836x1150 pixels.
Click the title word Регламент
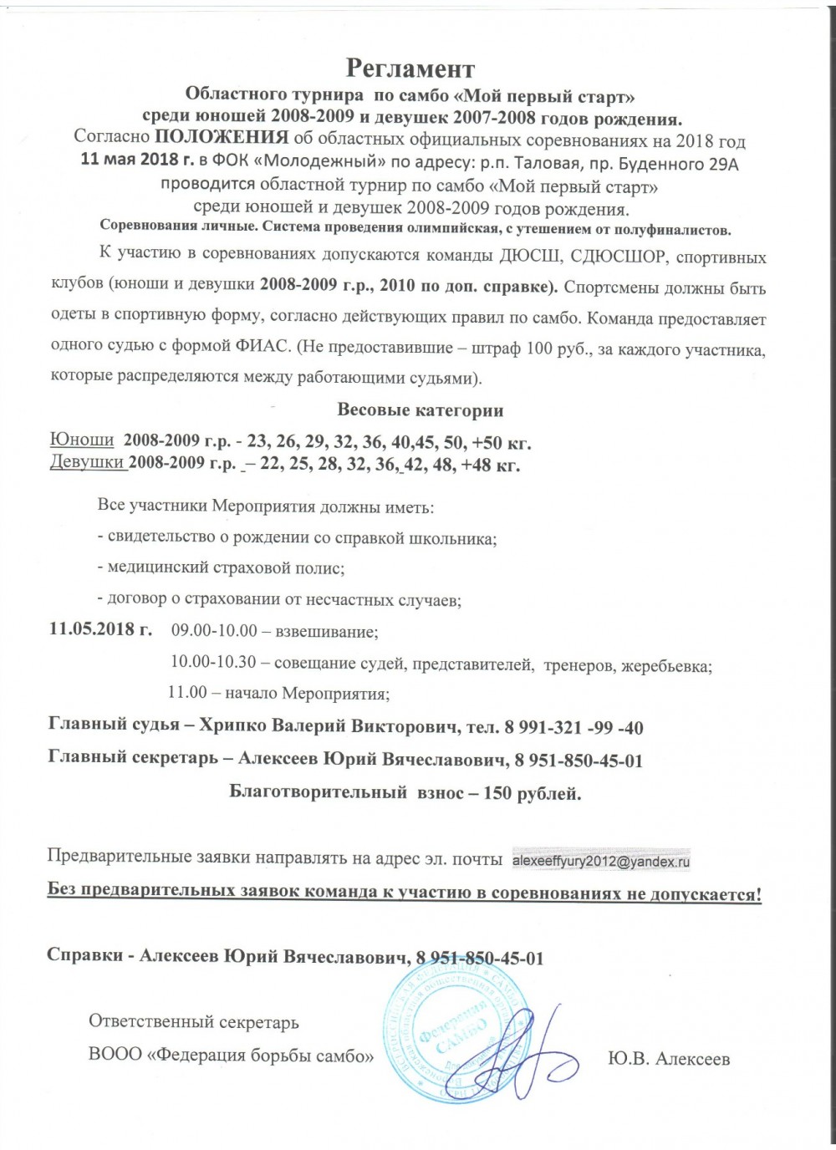click(x=410, y=68)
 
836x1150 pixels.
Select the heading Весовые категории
click(x=420, y=410)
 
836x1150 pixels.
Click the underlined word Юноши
click(x=82, y=441)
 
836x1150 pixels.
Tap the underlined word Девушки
click(x=89, y=463)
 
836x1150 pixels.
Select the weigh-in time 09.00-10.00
click(x=214, y=629)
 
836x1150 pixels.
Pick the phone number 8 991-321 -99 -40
click(x=573, y=727)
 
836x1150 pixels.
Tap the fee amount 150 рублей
click(x=532, y=792)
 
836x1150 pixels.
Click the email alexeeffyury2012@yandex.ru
click(x=600, y=859)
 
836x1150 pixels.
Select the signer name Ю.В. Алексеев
click(x=668, y=1059)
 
